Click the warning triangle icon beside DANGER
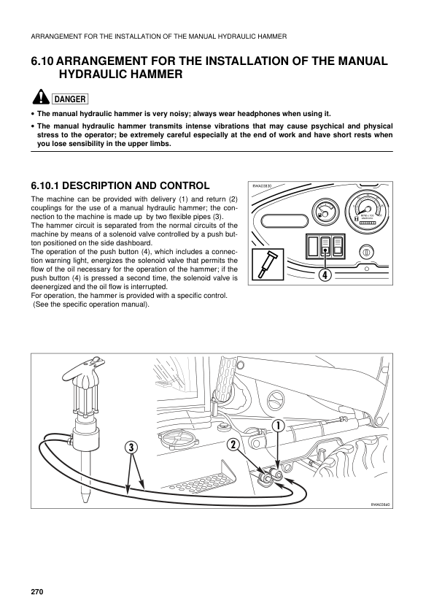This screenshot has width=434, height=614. point(40,99)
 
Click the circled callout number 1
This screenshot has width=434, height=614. point(279,425)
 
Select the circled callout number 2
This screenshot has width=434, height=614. point(233,445)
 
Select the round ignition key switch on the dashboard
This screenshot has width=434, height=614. point(368,252)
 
